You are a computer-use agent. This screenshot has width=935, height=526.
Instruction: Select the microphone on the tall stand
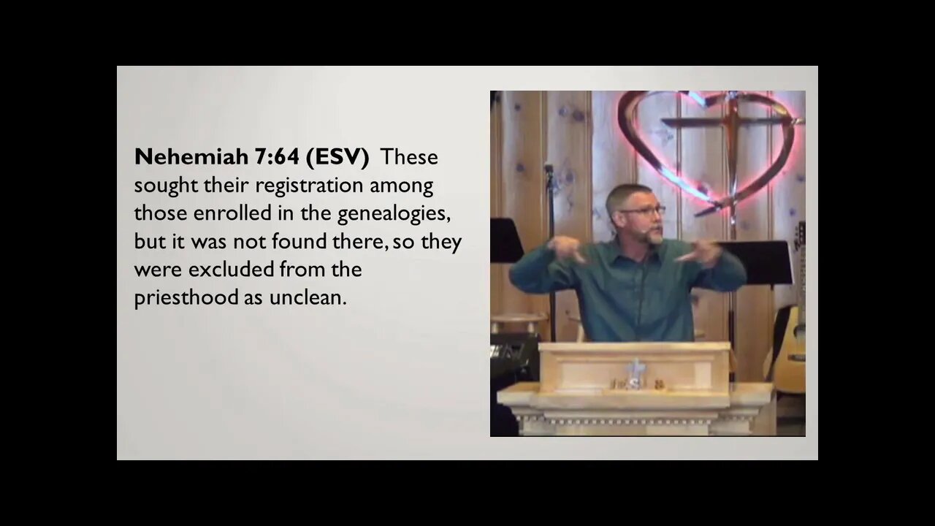[548, 169]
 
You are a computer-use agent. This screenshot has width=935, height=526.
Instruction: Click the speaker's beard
[652, 235]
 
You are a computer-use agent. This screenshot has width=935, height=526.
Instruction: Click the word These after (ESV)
[409, 157]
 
